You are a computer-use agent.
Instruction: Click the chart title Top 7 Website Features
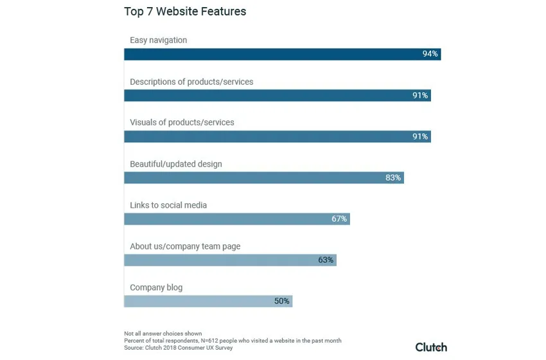coord(185,12)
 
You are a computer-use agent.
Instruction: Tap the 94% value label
coord(430,54)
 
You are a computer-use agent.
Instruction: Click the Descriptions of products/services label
coord(191,82)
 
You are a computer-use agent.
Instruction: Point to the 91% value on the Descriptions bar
coord(420,95)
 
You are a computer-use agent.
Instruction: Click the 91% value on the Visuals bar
coord(420,136)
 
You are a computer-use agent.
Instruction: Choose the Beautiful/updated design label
coord(176,164)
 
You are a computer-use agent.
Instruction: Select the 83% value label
coord(393,177)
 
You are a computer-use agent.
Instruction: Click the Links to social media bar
coord(225,219)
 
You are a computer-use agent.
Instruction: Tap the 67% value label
coord(339,219)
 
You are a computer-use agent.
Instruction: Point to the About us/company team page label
coord(185,246)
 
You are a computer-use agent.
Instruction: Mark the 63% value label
coord(326,260)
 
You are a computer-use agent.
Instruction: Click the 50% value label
coord(282,301)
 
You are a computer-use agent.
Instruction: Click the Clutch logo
coord(430,347)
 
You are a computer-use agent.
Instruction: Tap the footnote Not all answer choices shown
coord(163,334)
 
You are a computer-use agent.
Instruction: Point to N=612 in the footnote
coord(213,341)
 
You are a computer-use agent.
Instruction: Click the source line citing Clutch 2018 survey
coord(179,348)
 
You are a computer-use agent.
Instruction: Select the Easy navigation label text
coord(159,40)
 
